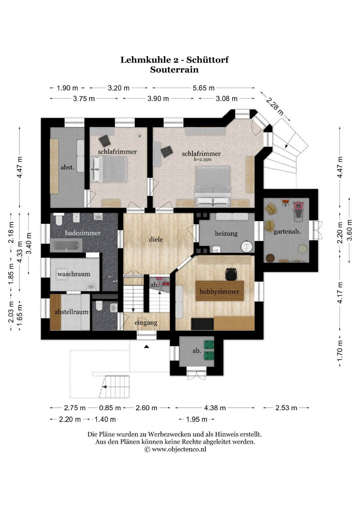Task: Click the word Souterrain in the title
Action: coord(174,70)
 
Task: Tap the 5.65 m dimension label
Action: coord(203,88)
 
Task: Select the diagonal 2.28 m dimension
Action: coord(275,106)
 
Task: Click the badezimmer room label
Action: coord(83,233)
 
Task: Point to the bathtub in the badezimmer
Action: coord(66,245)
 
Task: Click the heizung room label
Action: coord(226,233)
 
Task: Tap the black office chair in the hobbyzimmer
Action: coord(231,274)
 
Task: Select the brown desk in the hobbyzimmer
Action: coord(220,291)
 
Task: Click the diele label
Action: coord(156,239)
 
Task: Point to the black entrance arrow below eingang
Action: coord(147,347)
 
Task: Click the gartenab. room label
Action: coord(287,232)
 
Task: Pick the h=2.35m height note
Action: coord(203,159)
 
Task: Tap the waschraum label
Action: coord(74,274)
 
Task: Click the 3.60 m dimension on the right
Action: coord(350,230)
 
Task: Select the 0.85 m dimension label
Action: coord(110,408)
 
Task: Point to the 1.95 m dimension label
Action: coord(197,419)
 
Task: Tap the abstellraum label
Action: coord(71,312)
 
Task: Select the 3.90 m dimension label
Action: coord(158,99)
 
